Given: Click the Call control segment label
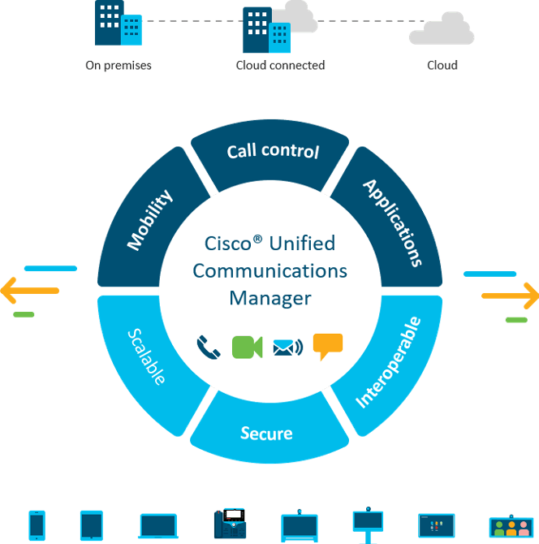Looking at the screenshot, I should pyautogui.click(x=272, y=152).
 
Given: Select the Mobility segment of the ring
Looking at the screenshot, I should pyautogui.click(x=150, y=220).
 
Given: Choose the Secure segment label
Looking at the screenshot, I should pyautogui.click(x=266, y=433).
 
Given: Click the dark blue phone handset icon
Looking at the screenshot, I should pyautogui.click(x=209, y=348).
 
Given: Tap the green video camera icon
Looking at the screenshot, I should pyautogui.click(x=248, y=347).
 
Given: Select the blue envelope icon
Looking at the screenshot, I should pyautogui.click(x=287, y=348).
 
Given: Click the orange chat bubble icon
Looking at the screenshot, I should pyautogui.click(x=327, y=346).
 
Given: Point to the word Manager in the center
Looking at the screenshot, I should pyautogui.click(x=270, y=298).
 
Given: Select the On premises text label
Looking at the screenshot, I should pyautogui.click(x=119, y=65).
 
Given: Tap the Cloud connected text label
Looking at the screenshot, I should pyautogui.click(x=280, y=65).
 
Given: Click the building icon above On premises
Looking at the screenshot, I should pyautogui.click(x=119, y=25).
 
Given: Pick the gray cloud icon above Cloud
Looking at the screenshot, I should pyautogui.click(x=442, y=31).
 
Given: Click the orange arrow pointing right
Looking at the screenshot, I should pyautogui.click(x=513, y=296).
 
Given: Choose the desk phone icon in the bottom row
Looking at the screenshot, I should pyautogui.click(x=230, y=524).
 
